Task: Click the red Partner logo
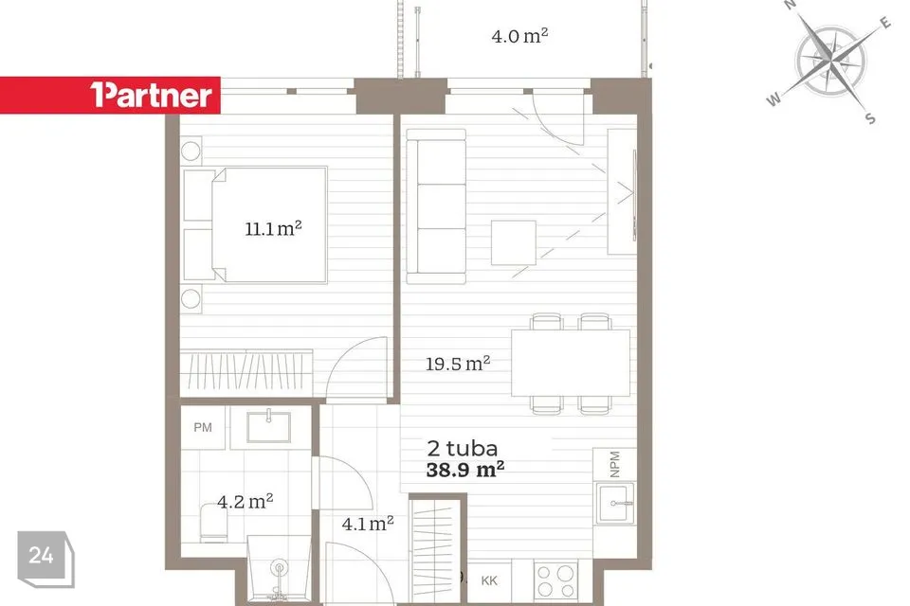click(x=110, y=95)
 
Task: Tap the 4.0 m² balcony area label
click(x=519, y=36)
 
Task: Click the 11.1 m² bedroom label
click(x=273, y=228)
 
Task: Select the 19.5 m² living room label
click(x=458, y=364)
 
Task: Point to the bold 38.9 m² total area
click(x=464, y=469)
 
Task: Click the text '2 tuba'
click(x=463, y=448)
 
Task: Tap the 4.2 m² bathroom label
click(x=245, y=501)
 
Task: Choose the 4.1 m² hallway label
click(x=368, y=524)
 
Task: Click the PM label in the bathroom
click(x=203, y=427)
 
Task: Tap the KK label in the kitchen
click(x=489, y=580)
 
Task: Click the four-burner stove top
click(x=556, y=580)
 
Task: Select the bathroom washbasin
click(x=268, y=427)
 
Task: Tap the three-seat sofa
click(x=436, y=207)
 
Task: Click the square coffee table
click(x=514, y=242)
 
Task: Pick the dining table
click(x=571, y=363)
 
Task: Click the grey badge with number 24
click(x=45, y=559)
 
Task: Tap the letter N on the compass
click(x=790, y=5)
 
